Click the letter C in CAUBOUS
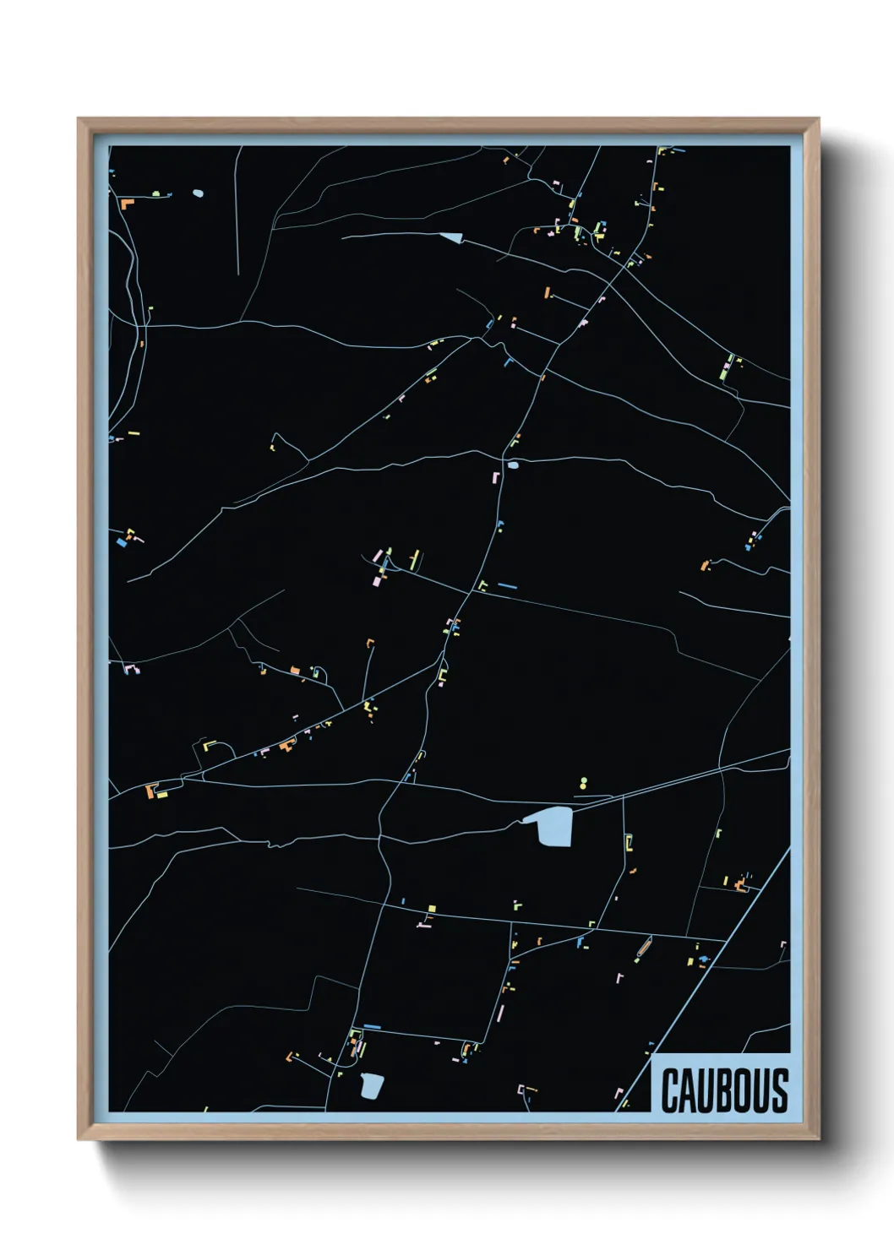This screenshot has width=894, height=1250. point(670,1091)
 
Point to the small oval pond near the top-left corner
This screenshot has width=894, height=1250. point(198,193)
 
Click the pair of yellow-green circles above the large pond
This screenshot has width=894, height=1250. point(583,783)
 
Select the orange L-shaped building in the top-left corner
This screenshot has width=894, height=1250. point(127,203)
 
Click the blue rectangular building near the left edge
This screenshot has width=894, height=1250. point(122,543)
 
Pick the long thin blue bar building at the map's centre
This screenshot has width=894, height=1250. point(507,585)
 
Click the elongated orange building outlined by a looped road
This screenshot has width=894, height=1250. point(643,948)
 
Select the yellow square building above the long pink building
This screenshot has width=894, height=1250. point(431,909)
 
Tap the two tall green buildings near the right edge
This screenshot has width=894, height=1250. point(726,368)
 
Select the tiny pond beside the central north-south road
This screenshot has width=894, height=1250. point(513,465)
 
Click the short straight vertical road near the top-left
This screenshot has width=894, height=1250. point(237,211)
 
